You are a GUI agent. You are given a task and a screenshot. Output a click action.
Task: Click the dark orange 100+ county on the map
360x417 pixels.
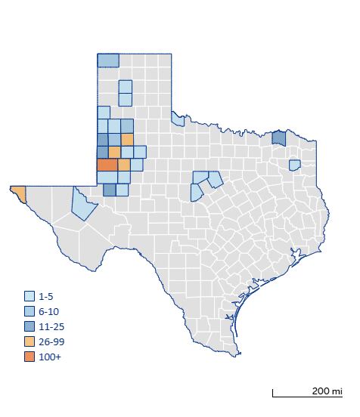click(107, 165)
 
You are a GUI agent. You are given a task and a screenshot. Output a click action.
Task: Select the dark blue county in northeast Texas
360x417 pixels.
click(279, 137)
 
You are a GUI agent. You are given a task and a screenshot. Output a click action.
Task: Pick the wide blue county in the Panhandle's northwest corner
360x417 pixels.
click(108, 60)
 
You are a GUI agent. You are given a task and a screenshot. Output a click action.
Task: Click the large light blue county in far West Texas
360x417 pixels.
click(82, 202)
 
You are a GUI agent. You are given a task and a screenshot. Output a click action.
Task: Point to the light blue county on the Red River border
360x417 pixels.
click(178, 119)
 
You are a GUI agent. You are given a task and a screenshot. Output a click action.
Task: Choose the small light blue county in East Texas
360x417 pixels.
click(295, 164)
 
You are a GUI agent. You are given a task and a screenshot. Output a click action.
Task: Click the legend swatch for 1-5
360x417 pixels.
click(29, 296)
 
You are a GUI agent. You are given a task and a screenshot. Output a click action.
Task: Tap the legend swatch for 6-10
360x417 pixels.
click(29, 311)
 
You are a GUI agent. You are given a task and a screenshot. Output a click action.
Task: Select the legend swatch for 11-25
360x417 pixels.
click(29, 326)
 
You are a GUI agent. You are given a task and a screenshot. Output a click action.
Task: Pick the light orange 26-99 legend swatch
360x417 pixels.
click(29, 341)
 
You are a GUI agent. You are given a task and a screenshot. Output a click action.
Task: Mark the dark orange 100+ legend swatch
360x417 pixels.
click(29, 357)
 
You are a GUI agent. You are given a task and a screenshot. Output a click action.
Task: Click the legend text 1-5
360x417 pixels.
click(46, 296)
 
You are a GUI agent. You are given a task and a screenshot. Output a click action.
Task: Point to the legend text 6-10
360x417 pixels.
click(48, 311)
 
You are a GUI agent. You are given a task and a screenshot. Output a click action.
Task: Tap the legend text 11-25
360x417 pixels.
click(51, 326)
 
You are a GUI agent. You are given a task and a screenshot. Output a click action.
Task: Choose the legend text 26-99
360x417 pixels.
click(51, 341)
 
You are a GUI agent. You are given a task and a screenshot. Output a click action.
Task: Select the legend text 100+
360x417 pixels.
click(49, 357)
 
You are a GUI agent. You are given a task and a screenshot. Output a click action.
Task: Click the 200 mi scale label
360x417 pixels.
click(326, 391)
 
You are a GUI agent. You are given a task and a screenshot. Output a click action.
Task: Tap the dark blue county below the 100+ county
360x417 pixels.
click(110, 190)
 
